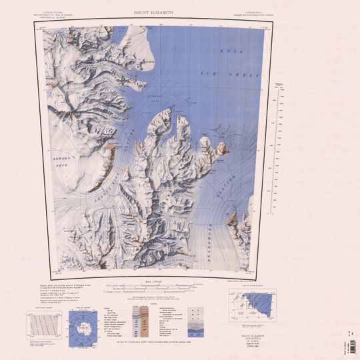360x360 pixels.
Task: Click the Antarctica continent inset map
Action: point(83,327)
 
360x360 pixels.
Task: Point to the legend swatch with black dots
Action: point(196,313)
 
